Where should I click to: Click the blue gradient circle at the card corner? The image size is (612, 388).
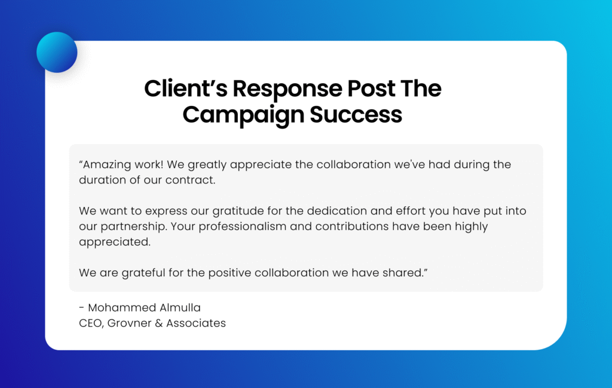click(57, 53)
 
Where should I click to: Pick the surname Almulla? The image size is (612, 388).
click(179, 308)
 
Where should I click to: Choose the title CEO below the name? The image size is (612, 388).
click(90, 323)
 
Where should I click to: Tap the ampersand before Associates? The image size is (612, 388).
click(159, 323)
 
